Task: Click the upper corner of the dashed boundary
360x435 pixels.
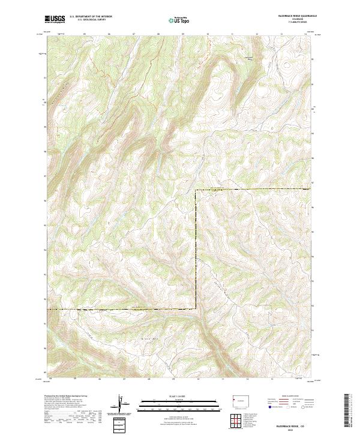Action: (x=196, y=190)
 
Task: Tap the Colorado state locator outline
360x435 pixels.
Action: (x=240, y=400)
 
